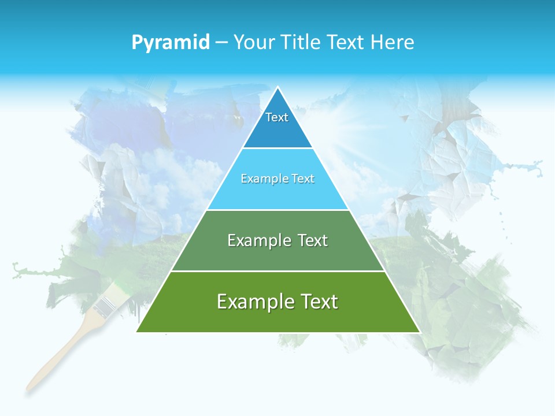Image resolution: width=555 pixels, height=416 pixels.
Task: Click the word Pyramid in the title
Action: tap(170, 43)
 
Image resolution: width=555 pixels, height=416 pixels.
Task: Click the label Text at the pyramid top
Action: tap(277, 117)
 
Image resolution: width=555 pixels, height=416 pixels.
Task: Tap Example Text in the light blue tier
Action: tap(277, 179)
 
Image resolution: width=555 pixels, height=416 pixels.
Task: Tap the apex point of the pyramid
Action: tap(278, 88)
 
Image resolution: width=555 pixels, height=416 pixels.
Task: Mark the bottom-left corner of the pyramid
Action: tap(136, 331)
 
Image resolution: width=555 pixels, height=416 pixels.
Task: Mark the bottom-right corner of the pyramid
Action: tap(420, 332)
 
